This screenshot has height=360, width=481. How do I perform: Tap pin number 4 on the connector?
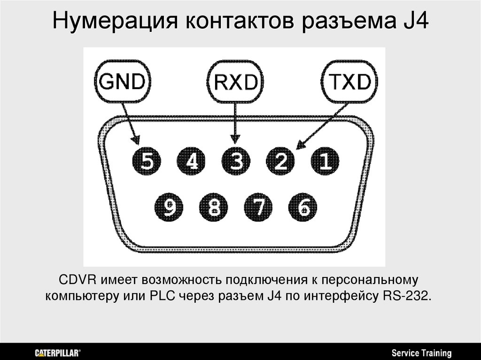[191, 161]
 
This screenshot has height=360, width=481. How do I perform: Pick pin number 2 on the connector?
[281, 161]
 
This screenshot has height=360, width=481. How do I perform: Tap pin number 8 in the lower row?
[214, 206]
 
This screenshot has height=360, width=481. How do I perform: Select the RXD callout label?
[236, 83]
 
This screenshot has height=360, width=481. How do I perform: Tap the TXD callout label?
[349, 83]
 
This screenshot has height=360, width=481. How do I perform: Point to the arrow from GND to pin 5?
[131, 124]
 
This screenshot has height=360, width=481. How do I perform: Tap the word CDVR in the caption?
[78, 281]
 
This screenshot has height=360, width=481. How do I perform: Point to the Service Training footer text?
[421, 352]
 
